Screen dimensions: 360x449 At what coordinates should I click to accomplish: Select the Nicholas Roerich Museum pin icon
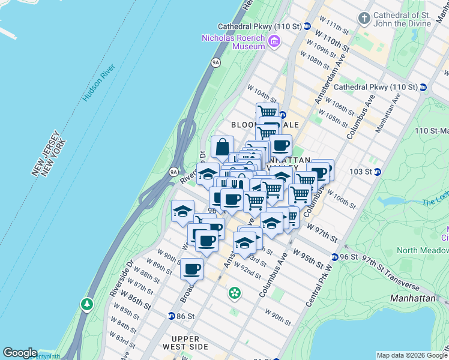(274, 41)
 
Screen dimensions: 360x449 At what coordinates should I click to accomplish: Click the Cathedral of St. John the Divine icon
(364, 19)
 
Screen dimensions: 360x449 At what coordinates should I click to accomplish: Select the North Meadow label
(423, 250)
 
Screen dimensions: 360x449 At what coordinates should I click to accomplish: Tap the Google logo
(20, 353)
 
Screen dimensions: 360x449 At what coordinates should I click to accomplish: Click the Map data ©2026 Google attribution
(412, 355)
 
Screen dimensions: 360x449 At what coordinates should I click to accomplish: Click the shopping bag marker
(222, 146)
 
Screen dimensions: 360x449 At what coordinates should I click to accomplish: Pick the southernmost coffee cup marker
(191, 269)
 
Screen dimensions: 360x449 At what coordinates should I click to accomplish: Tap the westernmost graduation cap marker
(182, 211)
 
